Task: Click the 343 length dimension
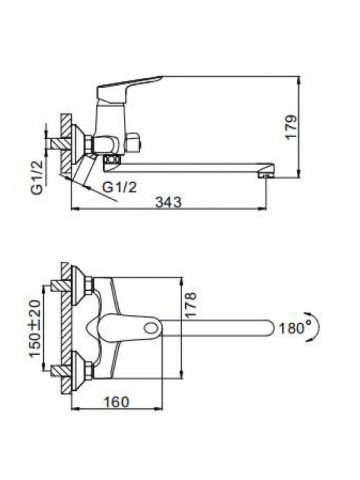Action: (168, 203)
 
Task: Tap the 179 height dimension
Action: (292, 127)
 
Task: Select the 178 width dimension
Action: (190, 304)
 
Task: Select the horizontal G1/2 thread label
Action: (119, 187)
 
